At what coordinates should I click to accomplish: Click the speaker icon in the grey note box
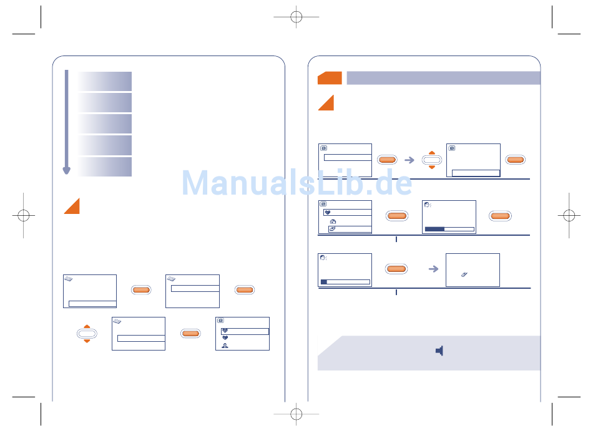(439, 351)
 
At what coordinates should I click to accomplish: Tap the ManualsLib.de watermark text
(297, 183)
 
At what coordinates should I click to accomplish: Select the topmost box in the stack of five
(104, 81)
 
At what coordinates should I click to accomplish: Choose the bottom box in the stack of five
(104, 167)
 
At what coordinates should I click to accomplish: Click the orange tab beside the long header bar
(330, 78)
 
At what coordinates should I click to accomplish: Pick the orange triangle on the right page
(326, 103)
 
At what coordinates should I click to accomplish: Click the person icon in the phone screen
(225, 346)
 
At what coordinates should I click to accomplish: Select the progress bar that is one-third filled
(449, 230)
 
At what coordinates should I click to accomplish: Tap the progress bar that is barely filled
(345, 282)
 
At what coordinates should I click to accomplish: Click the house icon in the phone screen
(333, 221)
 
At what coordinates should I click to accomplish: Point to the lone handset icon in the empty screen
(464, 274)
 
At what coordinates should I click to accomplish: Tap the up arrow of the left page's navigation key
(87, 326)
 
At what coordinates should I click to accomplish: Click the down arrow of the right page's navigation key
(431, 167)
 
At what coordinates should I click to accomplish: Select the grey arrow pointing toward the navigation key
(409, 160)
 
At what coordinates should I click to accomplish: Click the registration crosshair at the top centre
(296, 17)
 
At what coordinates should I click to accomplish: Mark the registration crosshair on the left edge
(24, 215)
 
